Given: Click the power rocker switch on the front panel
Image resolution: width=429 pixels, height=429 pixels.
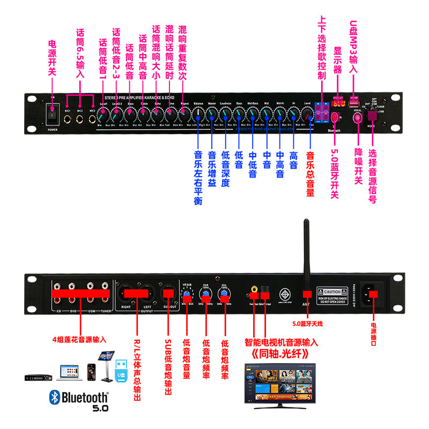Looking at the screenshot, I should click(x=52, y=115).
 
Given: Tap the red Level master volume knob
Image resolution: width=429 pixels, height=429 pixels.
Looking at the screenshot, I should click(x=307, y=115).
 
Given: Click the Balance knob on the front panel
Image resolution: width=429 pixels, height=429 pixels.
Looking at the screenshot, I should click(x=198, y=115).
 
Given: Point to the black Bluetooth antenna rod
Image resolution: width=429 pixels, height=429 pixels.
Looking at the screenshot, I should click(x=307, y=252).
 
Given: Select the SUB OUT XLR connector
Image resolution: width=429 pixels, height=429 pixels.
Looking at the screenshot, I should click(x=168, y=293).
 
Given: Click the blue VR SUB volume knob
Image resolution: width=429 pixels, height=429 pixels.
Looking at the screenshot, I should click(x=187, y=295).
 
